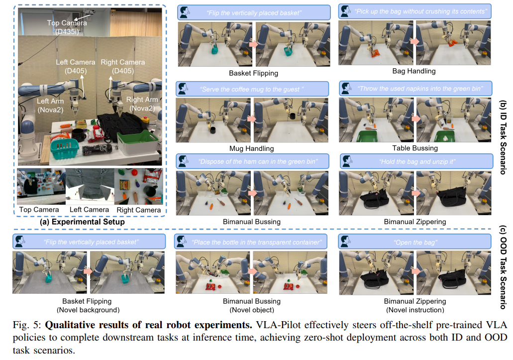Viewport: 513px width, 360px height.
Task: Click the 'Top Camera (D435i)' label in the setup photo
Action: point(67,27)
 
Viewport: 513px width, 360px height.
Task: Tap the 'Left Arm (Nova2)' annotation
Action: point(50,106)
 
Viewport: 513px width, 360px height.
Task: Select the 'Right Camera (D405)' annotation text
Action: point(123,66)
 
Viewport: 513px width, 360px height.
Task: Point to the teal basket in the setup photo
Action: point(65,148)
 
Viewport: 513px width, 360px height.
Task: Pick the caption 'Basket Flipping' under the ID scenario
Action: point(254,73)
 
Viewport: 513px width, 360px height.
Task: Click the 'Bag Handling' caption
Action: point(414,71)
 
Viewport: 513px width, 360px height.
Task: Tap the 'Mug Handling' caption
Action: point(252,148)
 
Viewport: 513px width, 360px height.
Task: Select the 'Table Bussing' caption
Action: point(415,148)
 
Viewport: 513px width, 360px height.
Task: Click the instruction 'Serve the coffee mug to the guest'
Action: point(252,89)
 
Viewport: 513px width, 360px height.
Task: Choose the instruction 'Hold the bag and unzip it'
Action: point(417,162)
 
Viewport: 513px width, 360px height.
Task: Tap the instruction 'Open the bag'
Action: point(415,242)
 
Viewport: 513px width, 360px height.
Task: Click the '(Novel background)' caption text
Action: point(88,310)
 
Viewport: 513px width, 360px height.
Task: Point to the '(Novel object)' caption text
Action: point(252,310)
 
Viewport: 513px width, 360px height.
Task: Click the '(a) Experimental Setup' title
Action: point(82,222)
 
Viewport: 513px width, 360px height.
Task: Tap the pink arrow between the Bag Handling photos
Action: point(414,41)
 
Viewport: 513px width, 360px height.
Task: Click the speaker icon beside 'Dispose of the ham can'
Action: point(183,161)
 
